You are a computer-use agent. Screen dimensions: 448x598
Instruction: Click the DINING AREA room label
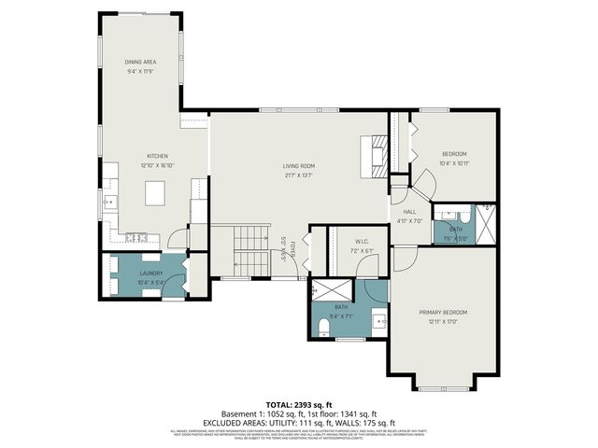pos(141,62)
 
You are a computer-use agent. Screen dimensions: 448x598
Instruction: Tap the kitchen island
pos(156,193)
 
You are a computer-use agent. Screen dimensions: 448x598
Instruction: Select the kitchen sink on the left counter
pos(110,201)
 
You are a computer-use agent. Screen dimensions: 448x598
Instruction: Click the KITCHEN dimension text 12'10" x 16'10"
pos(156,164)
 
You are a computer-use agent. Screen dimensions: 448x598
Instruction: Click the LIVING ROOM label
pos(299,165)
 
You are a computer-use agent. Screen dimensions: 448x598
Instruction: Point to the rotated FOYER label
pos(292,252)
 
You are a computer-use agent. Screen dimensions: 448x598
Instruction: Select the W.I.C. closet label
pos(337,242)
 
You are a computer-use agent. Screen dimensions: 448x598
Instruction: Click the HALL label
pos(409,212)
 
